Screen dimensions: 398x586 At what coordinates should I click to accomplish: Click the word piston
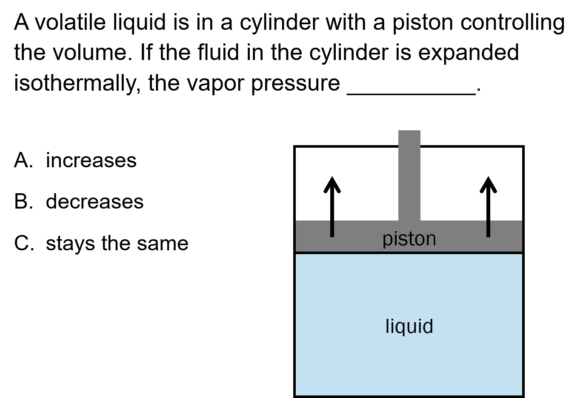[x=409, y=239]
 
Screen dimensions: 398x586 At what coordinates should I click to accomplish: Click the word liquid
[x=409, y=326]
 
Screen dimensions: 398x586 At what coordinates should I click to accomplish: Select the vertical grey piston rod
[x=409, y=175]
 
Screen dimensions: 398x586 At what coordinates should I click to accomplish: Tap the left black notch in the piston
[x=332, y=229]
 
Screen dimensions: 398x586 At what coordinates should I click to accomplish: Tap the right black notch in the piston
[x=488, y=229]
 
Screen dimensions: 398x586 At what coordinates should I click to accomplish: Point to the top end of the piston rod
[x=409, y=132]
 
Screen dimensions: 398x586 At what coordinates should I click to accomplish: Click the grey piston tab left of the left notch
[x=313, y=229]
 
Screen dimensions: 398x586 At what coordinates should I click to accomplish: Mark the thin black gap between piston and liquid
[x=409, y=253]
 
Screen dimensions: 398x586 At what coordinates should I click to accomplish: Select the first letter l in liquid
[x=387, y=326]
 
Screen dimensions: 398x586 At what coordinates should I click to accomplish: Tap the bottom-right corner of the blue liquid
[x=521, y=395]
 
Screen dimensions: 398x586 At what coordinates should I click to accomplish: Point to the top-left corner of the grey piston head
[x=297, y=221]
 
